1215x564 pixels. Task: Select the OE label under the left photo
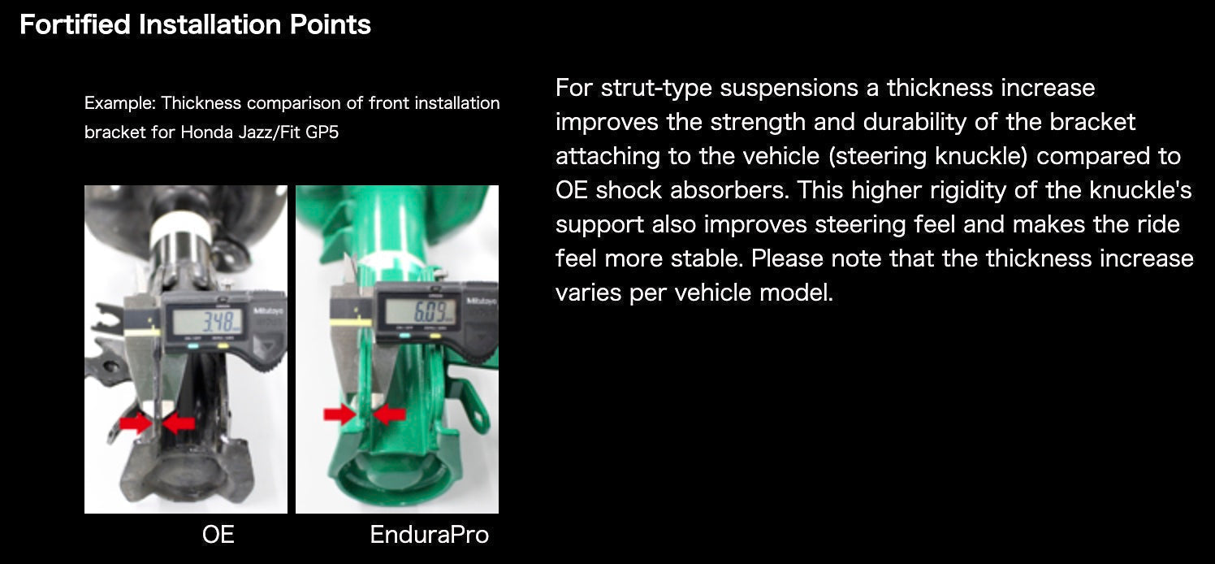tap(218, 534)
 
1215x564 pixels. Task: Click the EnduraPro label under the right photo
tap(429, 534)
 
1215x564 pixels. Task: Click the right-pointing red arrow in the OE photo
tap(135, 423)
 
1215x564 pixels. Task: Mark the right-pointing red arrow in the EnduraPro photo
tap(339, 414)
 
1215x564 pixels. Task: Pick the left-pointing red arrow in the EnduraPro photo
tap(390, 414)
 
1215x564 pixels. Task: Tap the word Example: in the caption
tap(120, 103)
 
